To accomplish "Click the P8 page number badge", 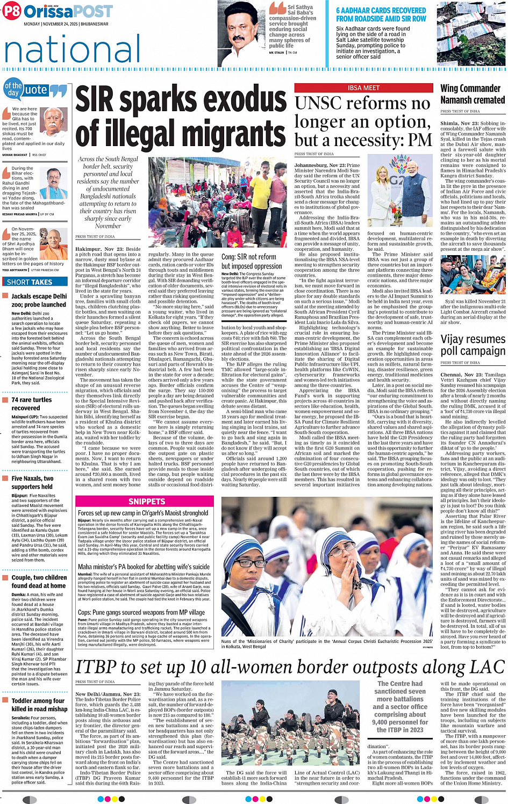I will [x=11, y=11].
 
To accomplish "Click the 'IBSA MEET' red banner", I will [x=363, y=88].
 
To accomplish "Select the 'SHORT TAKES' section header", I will [x=30, y=282].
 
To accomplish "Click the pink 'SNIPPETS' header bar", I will [x=147, y=501].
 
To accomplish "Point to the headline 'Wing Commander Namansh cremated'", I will [x=473, y=94].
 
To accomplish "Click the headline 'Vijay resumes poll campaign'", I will [x=473, y=345].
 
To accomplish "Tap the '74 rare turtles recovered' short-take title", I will [x=32, y=404].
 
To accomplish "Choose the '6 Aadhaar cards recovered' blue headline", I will [x=381, y=15].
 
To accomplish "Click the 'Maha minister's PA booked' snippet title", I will [x=144, y=567].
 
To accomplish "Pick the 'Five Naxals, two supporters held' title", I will [x=32, y=482].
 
